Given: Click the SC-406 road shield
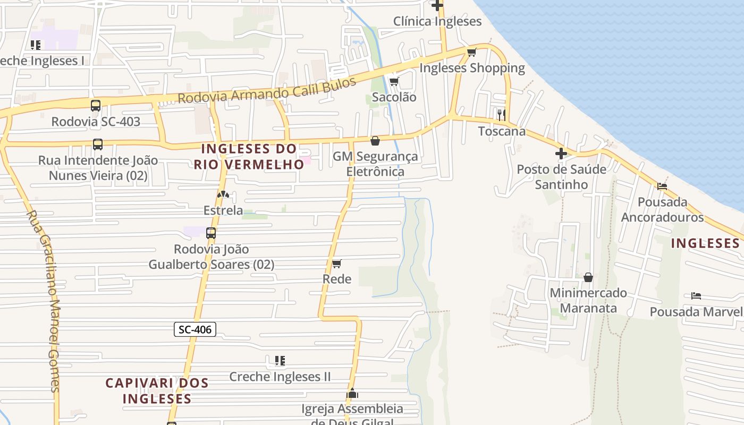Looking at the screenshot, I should coord(195,329).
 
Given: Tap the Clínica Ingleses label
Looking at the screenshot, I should coord(437,21).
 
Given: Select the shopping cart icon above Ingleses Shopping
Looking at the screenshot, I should coord(471,52).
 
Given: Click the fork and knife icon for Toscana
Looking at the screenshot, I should coord(501,115).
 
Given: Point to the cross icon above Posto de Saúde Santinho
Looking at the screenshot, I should coord(561,154).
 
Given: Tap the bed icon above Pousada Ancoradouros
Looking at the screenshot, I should coord(662,186).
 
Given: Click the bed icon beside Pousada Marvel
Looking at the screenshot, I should coord(696,295).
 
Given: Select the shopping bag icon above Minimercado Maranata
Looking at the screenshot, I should coord(588,277).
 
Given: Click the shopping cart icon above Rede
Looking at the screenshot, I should coord(336,263).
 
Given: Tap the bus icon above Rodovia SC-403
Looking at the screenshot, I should coord(96,105).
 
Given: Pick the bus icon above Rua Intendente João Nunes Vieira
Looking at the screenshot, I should coord(98,144).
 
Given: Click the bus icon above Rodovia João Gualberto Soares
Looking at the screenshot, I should coord(211,233).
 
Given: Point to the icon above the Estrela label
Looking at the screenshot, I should coord(223,195).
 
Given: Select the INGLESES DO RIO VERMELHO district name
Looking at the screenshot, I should coord(249,156).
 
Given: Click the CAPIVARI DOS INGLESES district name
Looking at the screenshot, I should coord(157,390).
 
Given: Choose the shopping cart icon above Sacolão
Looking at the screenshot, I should coord(394,81).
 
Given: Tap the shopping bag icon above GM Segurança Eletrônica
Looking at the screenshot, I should coord(375,141).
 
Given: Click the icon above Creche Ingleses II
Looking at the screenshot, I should coord(280,361).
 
